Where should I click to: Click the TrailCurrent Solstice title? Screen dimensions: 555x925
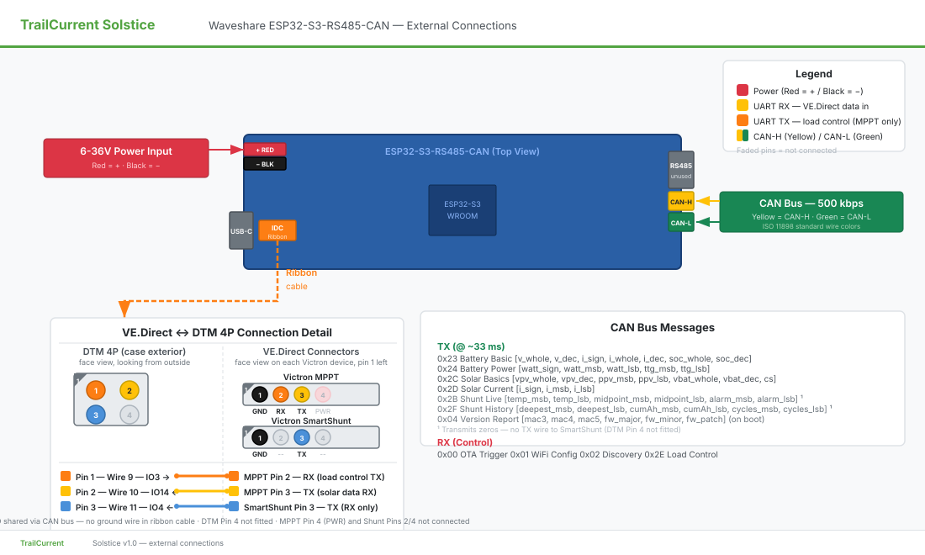(x=87, y=24)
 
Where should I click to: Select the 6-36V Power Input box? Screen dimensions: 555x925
(x=126, y=157)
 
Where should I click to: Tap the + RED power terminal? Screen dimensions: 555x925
(x=265, y=150)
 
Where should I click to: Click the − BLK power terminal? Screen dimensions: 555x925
(x=265, y=164)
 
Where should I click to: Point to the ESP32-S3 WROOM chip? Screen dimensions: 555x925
(x=462, y=210)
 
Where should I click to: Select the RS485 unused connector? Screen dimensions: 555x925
(x=680, y=170)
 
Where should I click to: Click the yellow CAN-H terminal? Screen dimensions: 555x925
(x=680, y=201)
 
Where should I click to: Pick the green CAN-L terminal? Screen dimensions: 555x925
(x=680, y=222)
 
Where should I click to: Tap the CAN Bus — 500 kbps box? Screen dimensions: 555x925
(x=811, y=211)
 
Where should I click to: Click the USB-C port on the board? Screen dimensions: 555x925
(x=241, y=230)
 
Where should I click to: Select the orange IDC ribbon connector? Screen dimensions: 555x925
(x=277, y=231)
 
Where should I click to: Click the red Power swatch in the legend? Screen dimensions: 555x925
(x=743, y=91)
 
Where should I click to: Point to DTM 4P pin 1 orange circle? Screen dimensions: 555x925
(x=97, y=390)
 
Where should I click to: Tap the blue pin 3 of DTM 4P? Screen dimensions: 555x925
(x=97, y=415)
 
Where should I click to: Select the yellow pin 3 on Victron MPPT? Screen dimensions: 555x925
(x=302, y=394)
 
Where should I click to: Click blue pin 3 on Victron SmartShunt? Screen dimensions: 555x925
(x=302, y=437)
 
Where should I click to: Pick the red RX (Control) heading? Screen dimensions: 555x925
(x=464, y=442)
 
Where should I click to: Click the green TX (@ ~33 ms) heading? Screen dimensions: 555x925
(x=471, y=346)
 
